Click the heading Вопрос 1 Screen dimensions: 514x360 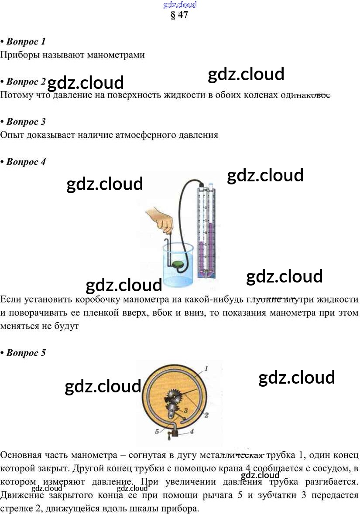(26, 42)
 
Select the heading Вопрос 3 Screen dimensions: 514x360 (26, 122)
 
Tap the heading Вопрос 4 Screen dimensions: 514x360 (26, 162)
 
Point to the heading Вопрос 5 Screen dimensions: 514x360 (26, 353)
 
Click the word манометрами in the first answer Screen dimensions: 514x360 (116, 55)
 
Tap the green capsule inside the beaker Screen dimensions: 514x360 (178, 265)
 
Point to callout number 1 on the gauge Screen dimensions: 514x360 (206, 369)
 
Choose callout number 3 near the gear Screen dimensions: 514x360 (185, 410)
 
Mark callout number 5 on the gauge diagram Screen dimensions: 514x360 (157, 432)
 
